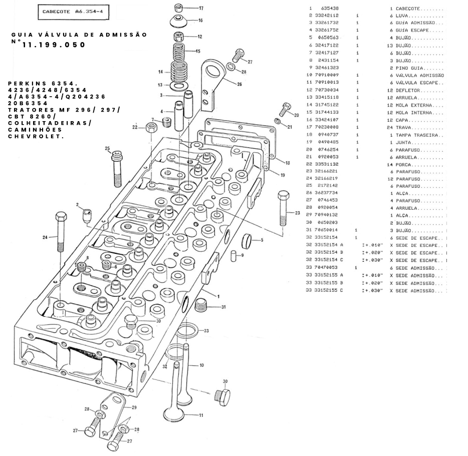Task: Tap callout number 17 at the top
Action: [x=201, y=9]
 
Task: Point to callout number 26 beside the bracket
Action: [x=240, y=84]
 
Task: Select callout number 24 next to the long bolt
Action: [x=45, y=237]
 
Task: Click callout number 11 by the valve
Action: [x=201, y=415]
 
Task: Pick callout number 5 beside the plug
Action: [x=261, y=240]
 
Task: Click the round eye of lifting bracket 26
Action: [x=213, y=69]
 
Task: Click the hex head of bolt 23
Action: [x=283, y=195]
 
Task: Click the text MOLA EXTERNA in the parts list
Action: [x=413, y=105]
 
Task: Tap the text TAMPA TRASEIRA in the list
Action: [x=416, y=135]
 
